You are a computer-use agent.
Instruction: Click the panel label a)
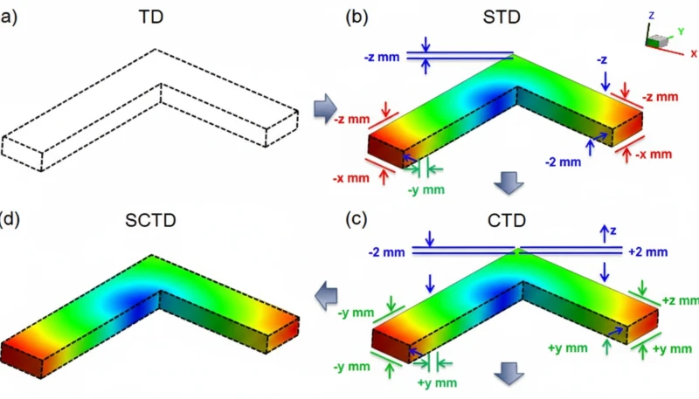coord(6,16)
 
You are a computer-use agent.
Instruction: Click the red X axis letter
coord(694,53)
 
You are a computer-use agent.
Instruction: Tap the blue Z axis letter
coord(651,15)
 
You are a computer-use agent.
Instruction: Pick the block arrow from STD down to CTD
coord(508,182)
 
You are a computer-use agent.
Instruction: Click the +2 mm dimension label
coord(647,251)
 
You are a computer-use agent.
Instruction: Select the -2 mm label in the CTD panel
coord(385,251)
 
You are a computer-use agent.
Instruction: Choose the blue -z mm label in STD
coord(383,57)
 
